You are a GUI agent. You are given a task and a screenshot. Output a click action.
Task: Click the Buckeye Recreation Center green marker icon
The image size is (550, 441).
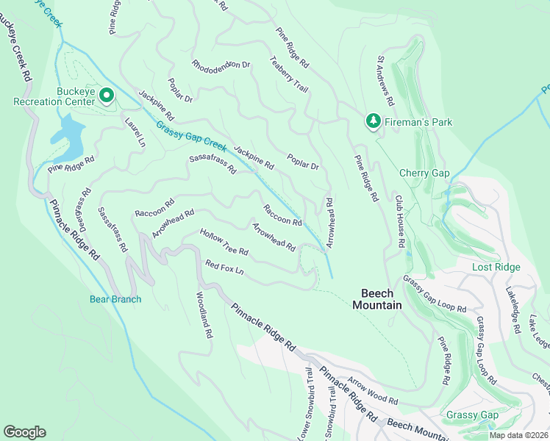coord(106,96)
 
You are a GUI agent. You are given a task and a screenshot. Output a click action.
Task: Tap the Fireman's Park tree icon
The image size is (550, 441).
coord(374,121)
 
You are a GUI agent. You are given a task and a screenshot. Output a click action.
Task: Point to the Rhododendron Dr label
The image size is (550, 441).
coord(221,65)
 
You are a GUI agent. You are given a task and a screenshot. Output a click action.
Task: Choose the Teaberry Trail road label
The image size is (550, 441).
coord(289,75)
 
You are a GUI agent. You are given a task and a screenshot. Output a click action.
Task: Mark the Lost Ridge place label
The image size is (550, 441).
coord(496,268)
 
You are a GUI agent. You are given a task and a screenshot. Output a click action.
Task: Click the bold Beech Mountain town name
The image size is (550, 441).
coord(376,299)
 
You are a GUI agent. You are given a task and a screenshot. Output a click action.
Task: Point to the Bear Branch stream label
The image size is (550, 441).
coord(115,299)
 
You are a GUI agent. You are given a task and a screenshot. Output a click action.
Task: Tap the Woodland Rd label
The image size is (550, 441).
coord(204,315)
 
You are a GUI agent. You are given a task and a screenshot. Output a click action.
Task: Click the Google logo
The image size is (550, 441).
coord(25,431)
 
